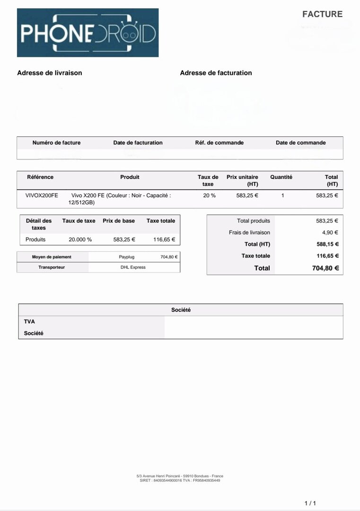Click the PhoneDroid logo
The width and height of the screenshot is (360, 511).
tap(88, 33)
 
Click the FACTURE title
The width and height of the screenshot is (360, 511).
tap(322, 14)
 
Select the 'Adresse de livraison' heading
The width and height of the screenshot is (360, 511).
tap(49, 73)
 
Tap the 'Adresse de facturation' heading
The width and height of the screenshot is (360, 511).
tap(216, 73)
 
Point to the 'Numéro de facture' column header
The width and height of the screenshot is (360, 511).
tap(56, 142)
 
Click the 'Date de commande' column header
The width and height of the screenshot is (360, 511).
tap(300, 142)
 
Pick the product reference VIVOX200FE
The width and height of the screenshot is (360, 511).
tap(42, 195)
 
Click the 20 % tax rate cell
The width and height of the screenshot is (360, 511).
tap(209, 195)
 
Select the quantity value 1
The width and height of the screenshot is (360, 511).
tap(282, 195)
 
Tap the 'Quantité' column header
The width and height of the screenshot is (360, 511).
tap(281, 177)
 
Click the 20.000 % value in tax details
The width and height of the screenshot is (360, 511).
tap(80, 239)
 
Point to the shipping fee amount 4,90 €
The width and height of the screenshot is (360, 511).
tap(330, 232)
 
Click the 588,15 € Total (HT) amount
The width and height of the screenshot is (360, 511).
tap(327, 244)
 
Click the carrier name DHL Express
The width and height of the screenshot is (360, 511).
tap(133, 267)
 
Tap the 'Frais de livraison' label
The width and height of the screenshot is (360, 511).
tap(249, 232)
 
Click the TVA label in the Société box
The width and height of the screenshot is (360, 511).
tap(29, 321)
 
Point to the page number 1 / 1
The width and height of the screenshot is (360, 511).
tap(310, 503)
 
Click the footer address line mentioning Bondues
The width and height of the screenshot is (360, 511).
tap(180, 476)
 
